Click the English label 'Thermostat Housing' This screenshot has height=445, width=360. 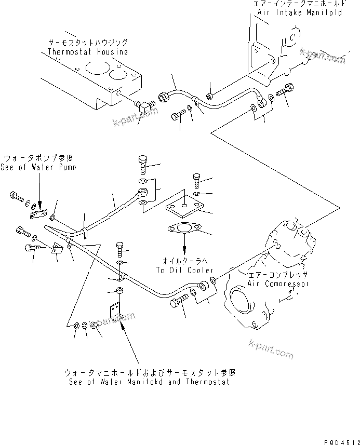[87, 52]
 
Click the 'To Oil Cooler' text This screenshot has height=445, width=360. [184, 271]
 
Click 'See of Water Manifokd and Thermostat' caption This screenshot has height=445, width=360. [149, 382]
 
